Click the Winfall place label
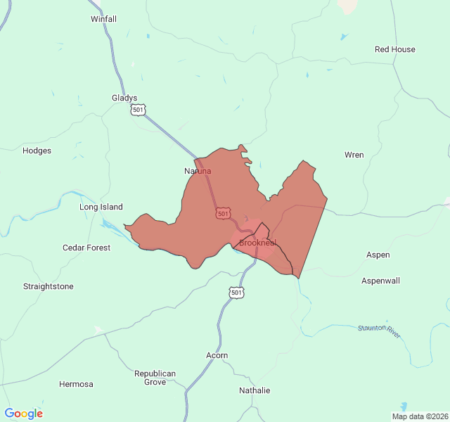click(103, 19)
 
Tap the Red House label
click(394, 49)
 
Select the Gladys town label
click(124, 98)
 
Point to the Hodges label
click(37, 151)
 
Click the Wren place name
click(354, 155)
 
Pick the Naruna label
click(198, 171)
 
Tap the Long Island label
click(101, 207)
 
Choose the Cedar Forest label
click(86, 248)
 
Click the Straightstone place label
click(48, 286)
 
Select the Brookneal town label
click(257, 243)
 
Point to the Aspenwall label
click(380, 281)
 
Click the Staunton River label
click(379, 331)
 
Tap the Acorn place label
click(217, 355)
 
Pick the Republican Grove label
click(155, 378)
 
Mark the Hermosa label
click(76, 384)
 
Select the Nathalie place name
click(254, 390)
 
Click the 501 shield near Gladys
click(139, 110)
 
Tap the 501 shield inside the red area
click(223, 213)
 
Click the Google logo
click(24, 414)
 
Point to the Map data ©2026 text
click(419, 416)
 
